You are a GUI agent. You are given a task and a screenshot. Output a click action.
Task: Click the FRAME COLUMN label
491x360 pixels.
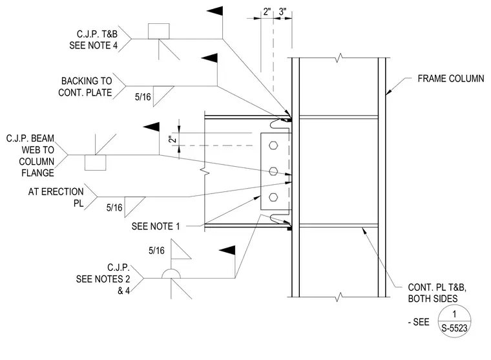point(451,78)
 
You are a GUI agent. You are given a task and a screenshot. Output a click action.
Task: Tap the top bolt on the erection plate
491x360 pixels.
point(273,145)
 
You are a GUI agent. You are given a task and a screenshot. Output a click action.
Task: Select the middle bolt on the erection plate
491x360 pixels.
point(273,171)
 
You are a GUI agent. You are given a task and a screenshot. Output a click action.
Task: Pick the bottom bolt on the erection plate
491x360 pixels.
point(273,197)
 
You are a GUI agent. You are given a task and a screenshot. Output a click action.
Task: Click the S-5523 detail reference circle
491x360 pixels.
point(454,321)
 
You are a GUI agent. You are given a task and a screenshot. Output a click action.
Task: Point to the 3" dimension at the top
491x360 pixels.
point(282,12)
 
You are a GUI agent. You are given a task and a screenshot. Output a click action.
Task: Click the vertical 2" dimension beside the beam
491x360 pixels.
point(172,139)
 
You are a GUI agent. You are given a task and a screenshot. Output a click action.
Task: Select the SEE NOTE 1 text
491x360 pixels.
point(156,226)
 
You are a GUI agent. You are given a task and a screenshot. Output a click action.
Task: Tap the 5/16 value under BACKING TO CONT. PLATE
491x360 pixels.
point(143,97)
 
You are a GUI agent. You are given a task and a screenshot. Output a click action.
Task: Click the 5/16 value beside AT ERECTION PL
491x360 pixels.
point(114,207)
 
